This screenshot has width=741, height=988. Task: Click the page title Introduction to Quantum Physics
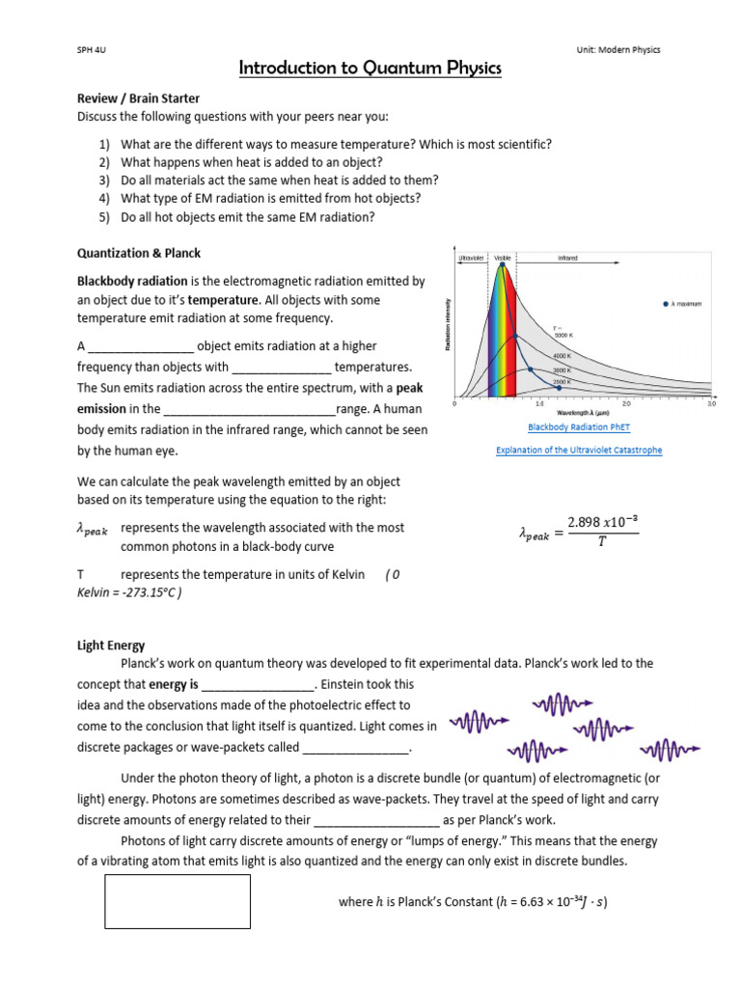(370, 69)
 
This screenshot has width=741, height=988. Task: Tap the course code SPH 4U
(91, 50)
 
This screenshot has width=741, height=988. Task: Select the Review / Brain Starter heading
(138, 98)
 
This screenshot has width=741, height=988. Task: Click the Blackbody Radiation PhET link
(579, 426)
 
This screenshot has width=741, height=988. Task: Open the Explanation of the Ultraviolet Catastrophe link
(579, 450)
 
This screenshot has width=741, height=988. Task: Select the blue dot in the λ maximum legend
(666, 304)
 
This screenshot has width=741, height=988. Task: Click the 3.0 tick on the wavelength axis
(711, 404)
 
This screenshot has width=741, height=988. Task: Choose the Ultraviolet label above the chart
(471, 259)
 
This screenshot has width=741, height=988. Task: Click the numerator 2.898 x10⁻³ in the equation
(604, 521)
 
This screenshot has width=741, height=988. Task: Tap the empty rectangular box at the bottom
(178, 901)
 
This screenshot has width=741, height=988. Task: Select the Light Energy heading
(111, 645)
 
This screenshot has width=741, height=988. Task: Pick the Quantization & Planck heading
(139, 253)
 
